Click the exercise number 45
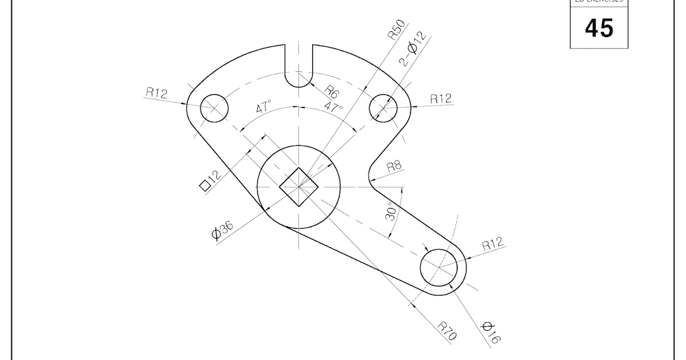click(x=599, y=27)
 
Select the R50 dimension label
click(x=396, y=29)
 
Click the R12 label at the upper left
click(x=157, y=93)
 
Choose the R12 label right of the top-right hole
click(x=440, y=98)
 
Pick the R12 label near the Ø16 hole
click(x=492, y=245)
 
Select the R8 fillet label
click(x=394, y=166)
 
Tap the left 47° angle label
click(x=264, y=108)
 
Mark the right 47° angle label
click(x=334, y=107)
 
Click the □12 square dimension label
click(x=210, y=181)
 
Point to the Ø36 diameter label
click(x=222, y=230)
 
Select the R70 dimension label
click(x=448, y=331)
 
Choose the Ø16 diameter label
click(x=490, y=333)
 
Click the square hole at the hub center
click(x=299, y=186)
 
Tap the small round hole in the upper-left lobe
click(x=214, y=107)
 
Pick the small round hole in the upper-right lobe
click(x=383, y=107)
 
